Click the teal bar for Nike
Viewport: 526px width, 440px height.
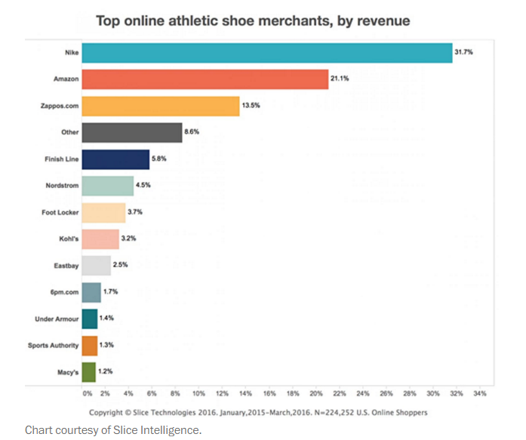[266, 53]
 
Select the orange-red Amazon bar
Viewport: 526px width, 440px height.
[205, 79]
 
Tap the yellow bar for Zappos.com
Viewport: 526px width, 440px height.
[160, 106]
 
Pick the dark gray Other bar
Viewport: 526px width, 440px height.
[131, 133]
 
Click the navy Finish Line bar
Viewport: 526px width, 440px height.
[115, 159]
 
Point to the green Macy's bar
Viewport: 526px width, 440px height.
[88, 371]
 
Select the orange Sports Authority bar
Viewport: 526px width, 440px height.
[89, 345]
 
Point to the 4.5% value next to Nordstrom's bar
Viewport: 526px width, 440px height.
[143, 186]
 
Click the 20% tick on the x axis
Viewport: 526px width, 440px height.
[315, 393]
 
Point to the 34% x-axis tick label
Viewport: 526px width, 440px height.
[479, 393]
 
